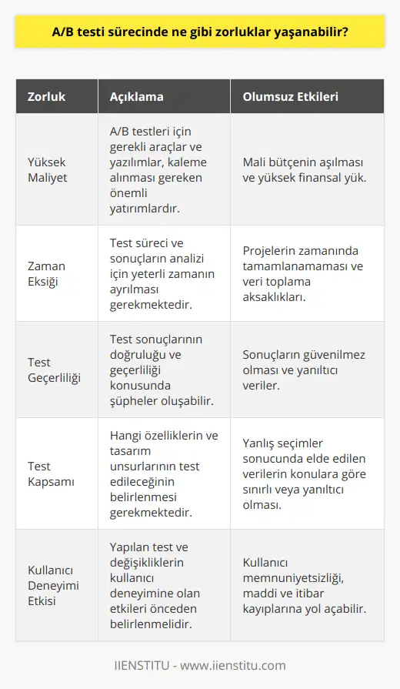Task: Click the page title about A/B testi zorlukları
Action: (200, 32)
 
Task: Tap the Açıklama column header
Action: (138, 98)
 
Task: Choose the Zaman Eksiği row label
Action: (48, 273)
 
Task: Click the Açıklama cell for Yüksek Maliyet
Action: (162, 169)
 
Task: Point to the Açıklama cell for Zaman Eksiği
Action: (162, 273)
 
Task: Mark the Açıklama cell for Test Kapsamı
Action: (162, 473)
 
